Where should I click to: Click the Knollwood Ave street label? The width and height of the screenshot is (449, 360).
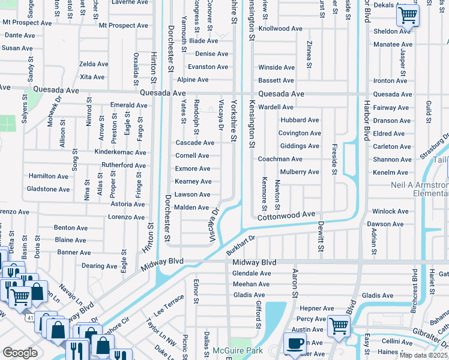[x=280, y=29]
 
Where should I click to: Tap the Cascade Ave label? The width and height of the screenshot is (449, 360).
[x=194, y=143]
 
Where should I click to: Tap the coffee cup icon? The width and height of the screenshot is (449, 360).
[x=294, y=343]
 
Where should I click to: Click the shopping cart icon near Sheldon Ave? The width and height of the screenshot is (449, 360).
[x=408, y=16]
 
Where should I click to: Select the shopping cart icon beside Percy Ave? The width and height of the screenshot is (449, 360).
[x=339, y=326]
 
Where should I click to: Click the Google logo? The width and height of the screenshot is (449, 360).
[x=20, y=353]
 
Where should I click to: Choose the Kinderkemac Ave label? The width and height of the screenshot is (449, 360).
[x=120, y=152]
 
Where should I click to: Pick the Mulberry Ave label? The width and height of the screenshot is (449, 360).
[x=297, y=172]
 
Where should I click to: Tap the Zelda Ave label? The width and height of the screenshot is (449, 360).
[x=93, y=64]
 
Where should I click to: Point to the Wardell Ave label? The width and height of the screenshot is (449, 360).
[x=276, y=107]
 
